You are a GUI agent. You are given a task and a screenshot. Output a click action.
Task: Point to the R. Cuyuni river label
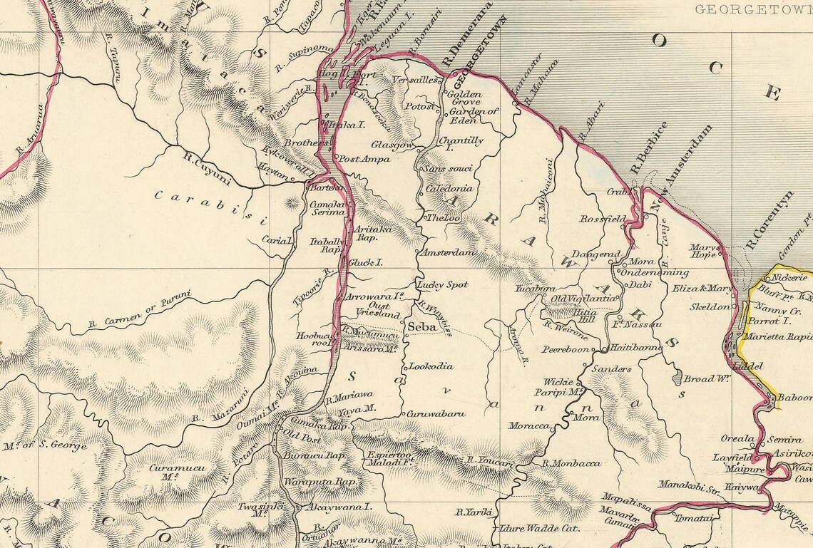pos(207,168)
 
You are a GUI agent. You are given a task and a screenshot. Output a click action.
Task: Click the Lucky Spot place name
pos(442,284)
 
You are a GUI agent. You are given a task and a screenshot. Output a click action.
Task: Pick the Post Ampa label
pos(364,159)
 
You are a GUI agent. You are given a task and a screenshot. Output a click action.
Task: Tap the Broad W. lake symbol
pos(677,378)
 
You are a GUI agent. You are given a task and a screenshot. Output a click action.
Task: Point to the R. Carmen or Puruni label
pos(140,311)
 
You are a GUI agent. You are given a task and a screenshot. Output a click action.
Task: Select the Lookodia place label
pos(431,366)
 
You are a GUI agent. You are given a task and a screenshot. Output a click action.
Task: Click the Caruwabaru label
pos(436,413)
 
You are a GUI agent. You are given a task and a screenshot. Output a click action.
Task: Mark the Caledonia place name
pos(449,189)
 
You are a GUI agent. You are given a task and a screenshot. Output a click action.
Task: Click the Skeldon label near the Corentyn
pos(710,306)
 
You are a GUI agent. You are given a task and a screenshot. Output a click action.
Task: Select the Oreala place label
pos(737,439)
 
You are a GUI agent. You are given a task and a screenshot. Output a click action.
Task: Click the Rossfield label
pos(603,219)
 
